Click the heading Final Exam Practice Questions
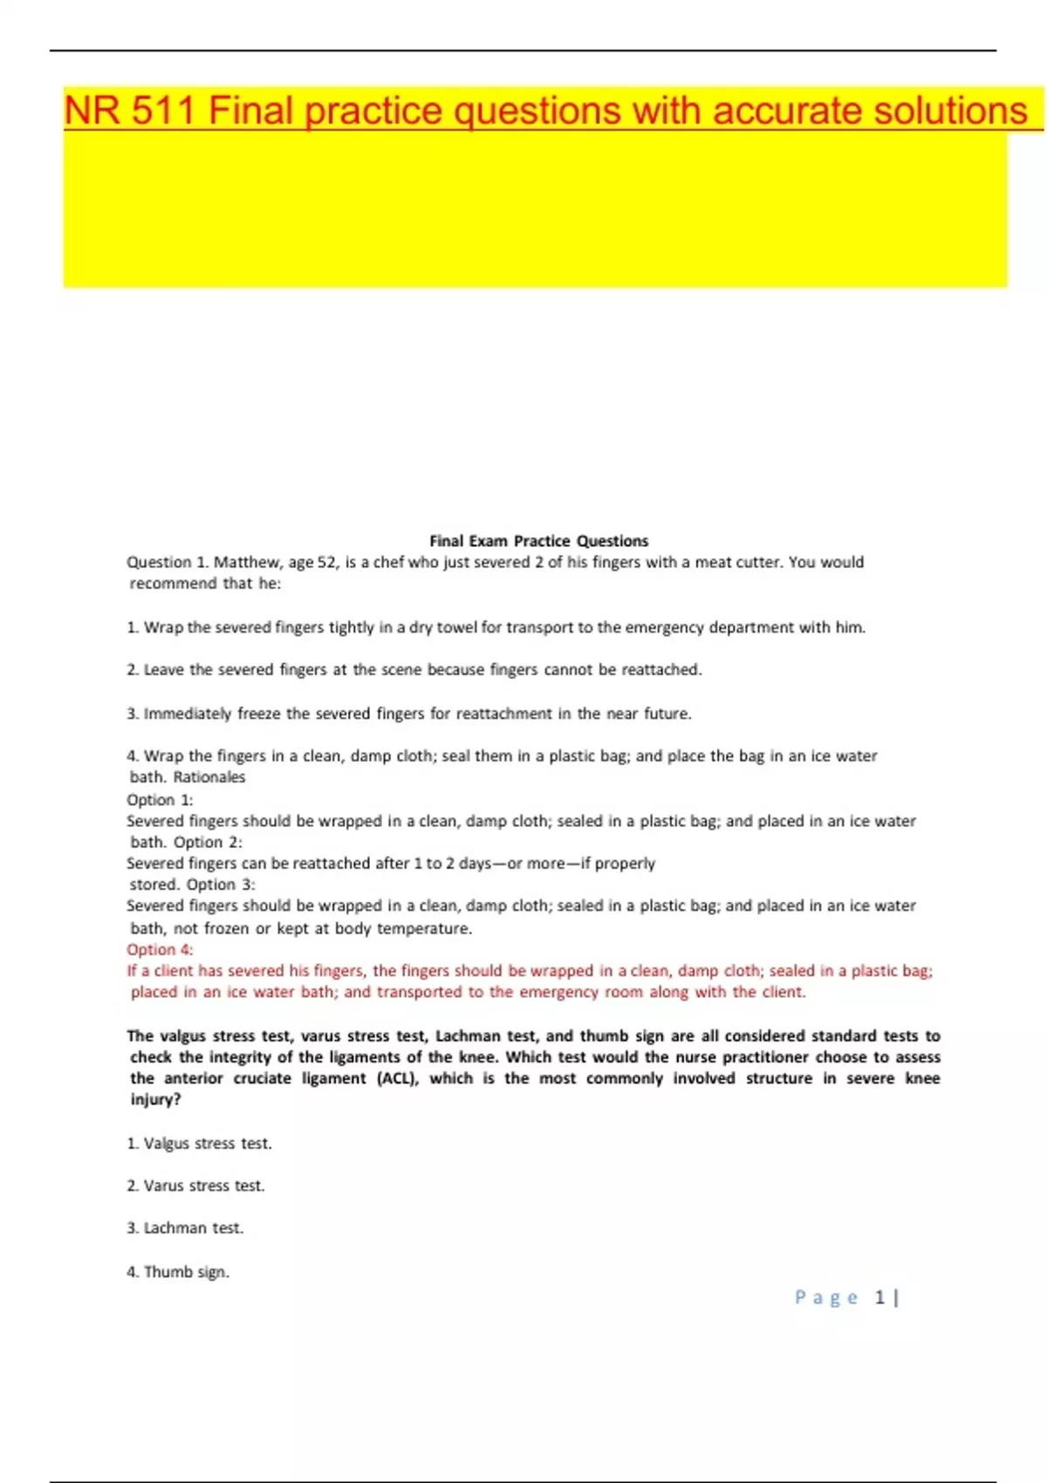(538, 541)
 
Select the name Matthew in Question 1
(246, 563)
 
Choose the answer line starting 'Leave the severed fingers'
(414, 670)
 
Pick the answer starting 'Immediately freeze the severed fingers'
(409, 714)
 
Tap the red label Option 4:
(160, 950)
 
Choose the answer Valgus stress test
(200, 1144)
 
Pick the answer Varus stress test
(196, 1186)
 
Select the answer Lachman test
(186, 1228)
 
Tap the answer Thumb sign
(179, 1272)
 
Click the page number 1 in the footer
(879, 1298)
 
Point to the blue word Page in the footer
(825, 1298)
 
